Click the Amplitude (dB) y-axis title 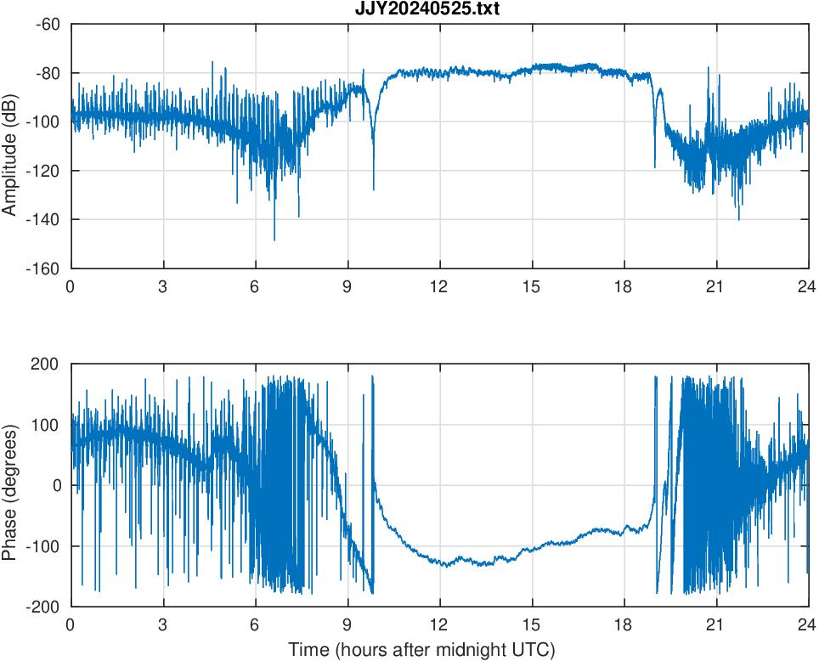coord(11,146)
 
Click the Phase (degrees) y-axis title coord(11,485)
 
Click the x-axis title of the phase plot coord(421,651)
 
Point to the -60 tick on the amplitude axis coord(48,24)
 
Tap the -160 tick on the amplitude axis coord(44,268)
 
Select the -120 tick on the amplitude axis coord(44,171)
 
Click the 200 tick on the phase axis coord(46,364)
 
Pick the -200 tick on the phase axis coord(44,607)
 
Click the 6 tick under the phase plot coord(255,624)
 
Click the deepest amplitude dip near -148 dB coord(274,240)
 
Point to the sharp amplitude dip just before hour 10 coord(373,189)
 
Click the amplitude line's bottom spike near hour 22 coord(738,219)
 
